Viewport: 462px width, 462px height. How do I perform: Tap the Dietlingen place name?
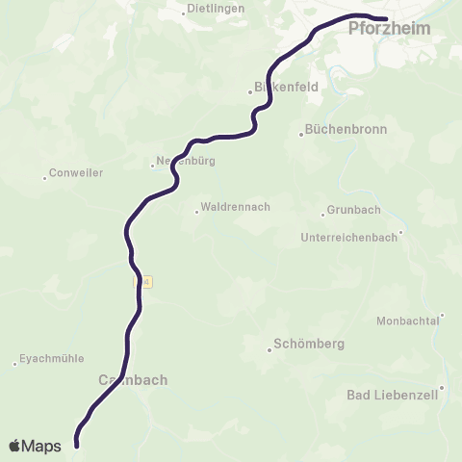(217, 8)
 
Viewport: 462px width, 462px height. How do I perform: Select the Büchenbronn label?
(344, 129)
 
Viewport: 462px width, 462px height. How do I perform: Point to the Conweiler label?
(76, 173)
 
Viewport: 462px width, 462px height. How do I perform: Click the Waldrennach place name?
(236, 206)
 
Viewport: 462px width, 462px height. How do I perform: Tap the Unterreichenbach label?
(348, 237)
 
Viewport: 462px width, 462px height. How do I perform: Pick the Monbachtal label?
(407, 321)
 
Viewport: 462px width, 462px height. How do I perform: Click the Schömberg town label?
(309, 344)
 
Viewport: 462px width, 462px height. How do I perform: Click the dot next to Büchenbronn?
(301, 135)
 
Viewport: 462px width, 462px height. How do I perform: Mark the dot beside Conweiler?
(44, 178)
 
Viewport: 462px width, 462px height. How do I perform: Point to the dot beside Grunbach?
(323, 214)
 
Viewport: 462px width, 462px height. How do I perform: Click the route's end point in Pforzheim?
(384, 18)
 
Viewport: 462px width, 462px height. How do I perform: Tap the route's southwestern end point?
(76, 445)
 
